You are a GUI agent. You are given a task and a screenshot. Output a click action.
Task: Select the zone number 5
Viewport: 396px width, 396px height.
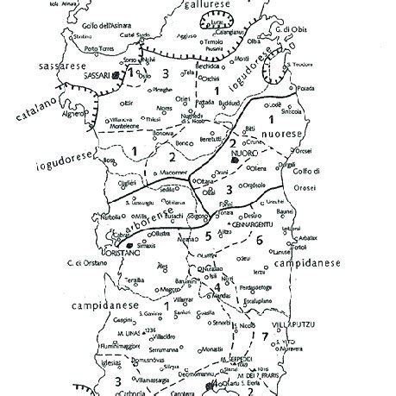pos(207,236)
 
